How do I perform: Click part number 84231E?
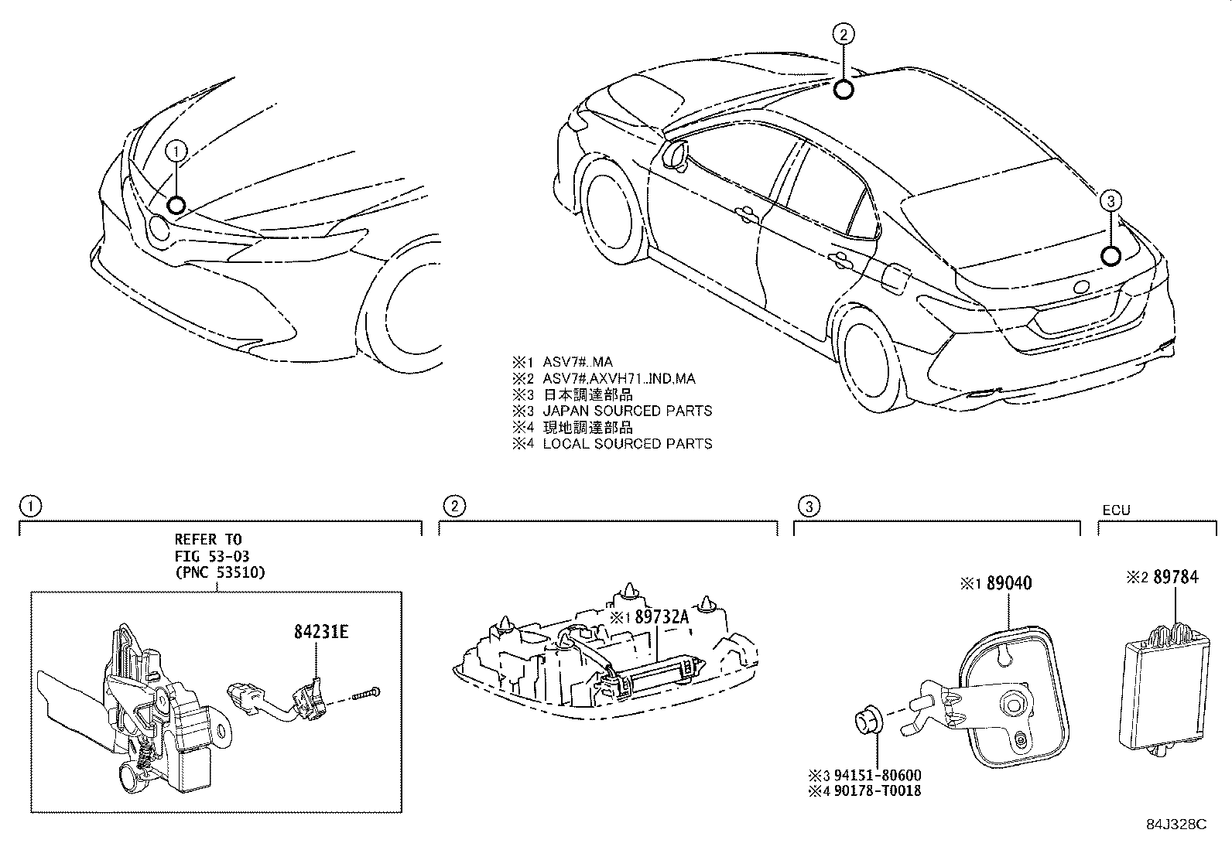pyautogui.click(x=320, y=632)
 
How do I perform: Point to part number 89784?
pyautogui.click(x=1175, y=577)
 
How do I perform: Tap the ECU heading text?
pyautogui.click(x=1116, y=510)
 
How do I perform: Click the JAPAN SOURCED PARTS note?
pyautogui.click(x=627, y=411)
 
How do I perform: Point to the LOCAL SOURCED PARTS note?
pyautogui.click(x=627, y=443)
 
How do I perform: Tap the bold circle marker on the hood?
pyautogui.click(x=176, y=205)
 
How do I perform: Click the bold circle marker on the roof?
pyautogui.click(x=844, y=90)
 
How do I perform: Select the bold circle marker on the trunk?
pyautogui.click(x=1111, y=256)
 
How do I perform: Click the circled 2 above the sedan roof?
pyautogui.click(x=844, y=33)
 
